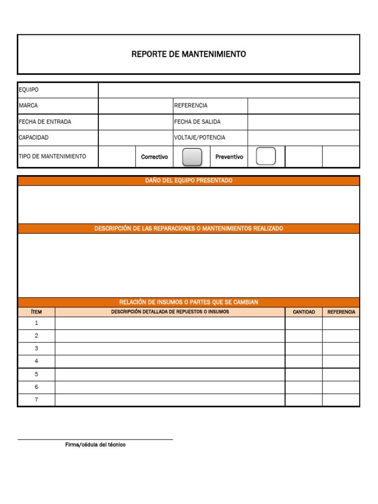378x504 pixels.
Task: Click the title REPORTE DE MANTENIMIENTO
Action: pos(189,54)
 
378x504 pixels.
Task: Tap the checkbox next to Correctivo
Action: pos(192,157)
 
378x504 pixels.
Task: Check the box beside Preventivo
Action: pos(266,157)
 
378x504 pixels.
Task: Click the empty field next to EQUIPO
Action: pos(229,90)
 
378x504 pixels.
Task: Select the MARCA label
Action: pos(28,106)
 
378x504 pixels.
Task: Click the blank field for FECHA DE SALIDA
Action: pos(303,122)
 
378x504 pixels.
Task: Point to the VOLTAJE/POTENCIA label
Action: pos(199,138)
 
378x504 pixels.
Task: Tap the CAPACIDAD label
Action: pos(33,138)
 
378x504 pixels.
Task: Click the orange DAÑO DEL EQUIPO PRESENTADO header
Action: pos(189,181)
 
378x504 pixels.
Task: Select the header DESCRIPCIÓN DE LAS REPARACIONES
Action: pos(189,228)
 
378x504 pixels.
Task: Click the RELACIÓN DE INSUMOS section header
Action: pos(189,302)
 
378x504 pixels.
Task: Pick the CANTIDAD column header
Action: pos(304,312)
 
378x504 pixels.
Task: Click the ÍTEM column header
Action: pos(36,312)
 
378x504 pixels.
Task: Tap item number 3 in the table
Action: pos(36,348)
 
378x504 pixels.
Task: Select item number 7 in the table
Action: pos(36,400)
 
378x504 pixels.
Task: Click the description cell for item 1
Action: pos(170,323)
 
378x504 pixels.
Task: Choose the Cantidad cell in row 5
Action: pos(304,374)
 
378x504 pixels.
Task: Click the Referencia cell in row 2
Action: pos(341,336)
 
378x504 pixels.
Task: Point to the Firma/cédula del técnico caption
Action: pos(95,445)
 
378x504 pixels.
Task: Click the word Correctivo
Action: pos(155,157)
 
